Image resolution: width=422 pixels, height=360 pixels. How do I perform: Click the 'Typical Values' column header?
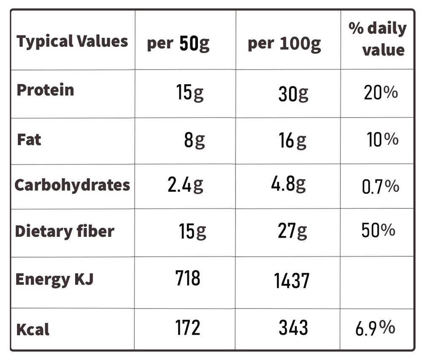[72, 41]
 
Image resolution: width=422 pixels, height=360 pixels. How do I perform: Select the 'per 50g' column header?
[178, 43]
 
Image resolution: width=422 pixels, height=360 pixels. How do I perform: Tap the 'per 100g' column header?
[284, 44]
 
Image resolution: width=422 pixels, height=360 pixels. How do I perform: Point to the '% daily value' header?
[378, 39]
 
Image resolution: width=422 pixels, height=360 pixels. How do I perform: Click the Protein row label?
[45, 90]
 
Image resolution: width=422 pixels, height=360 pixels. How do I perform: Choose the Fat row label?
[29, 140]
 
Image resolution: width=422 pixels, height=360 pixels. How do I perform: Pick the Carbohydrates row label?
[73, 185]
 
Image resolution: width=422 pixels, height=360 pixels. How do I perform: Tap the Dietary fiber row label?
[65, 231]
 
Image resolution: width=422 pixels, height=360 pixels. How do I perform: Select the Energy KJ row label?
[54, 279]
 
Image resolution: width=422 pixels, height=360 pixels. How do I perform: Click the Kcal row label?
[33, 329]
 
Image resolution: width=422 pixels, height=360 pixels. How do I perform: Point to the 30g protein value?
[293, 94]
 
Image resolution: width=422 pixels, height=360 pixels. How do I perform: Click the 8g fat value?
[195, 140]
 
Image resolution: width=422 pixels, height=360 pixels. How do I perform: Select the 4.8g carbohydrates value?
[289, 184]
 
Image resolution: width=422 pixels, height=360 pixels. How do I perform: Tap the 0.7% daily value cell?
[381, 186]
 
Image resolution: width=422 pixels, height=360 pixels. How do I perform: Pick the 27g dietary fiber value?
[292, 231]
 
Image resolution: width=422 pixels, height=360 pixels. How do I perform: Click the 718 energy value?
[188, 278]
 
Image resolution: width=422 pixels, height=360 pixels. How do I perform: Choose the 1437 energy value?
[292, 280]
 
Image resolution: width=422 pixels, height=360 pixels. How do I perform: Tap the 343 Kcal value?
[293, 328]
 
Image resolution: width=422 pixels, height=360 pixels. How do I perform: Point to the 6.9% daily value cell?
[375, 328]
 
